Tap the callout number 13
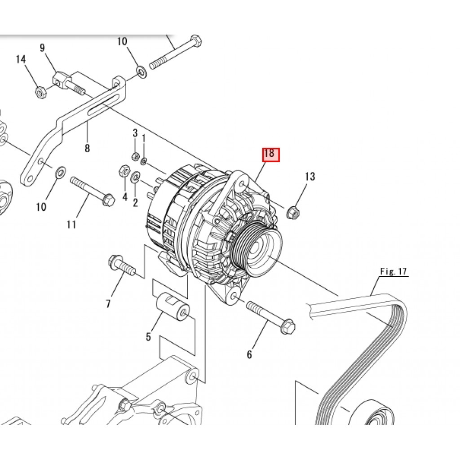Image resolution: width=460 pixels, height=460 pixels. click(310, 176)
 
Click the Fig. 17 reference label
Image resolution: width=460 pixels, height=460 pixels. click(394, 271)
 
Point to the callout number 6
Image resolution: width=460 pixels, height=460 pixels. click(249, 354)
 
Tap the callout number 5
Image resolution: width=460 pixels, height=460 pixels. click(148, 337)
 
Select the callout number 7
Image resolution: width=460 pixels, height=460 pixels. click(108, 304)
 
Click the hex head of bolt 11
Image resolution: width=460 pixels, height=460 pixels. click(108, 200)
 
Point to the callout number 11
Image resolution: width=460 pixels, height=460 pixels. click(71, 225)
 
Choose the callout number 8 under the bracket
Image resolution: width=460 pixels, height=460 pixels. click(87, 148)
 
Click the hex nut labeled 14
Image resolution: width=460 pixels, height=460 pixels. click(40, 92)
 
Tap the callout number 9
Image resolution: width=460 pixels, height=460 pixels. click(43, 48)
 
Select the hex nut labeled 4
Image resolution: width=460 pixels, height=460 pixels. click(124, 171)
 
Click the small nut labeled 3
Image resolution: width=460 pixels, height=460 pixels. click(135, 156)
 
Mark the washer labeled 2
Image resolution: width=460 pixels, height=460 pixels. click(136, 176)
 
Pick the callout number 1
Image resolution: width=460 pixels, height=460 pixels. click(143, 138)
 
